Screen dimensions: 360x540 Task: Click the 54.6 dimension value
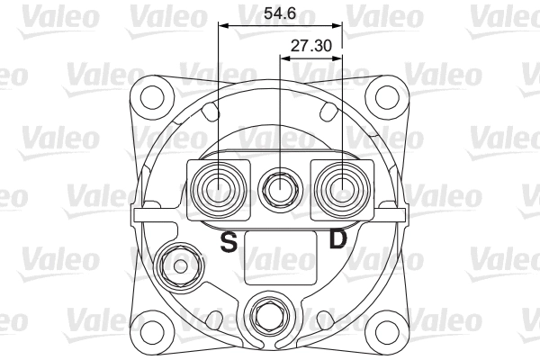(280, 13)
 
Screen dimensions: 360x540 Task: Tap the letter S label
(229, 241)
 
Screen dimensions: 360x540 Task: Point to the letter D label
(337, 239)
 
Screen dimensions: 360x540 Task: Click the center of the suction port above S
(219, 190)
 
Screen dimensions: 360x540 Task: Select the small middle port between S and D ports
(280, 190)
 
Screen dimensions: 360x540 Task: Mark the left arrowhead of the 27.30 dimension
(284, 58)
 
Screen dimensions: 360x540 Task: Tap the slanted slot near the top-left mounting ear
(211, 112)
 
